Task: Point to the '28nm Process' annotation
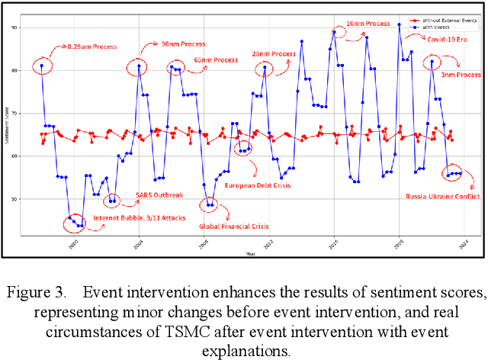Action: [274, 54]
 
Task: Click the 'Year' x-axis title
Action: [251, 252]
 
